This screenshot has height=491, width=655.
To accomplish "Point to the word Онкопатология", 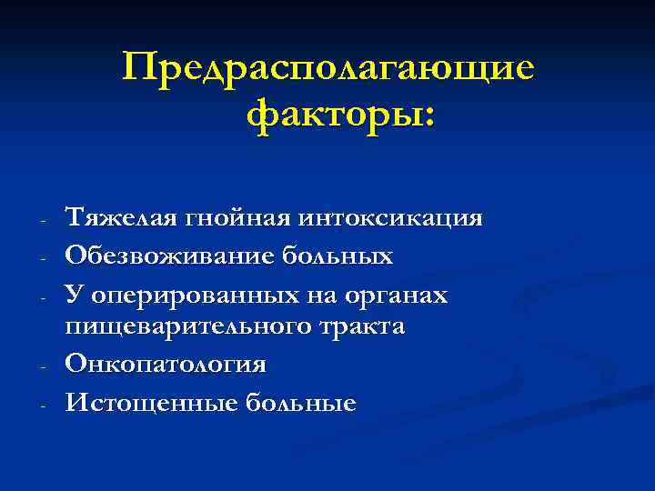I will tap(166, 365).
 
